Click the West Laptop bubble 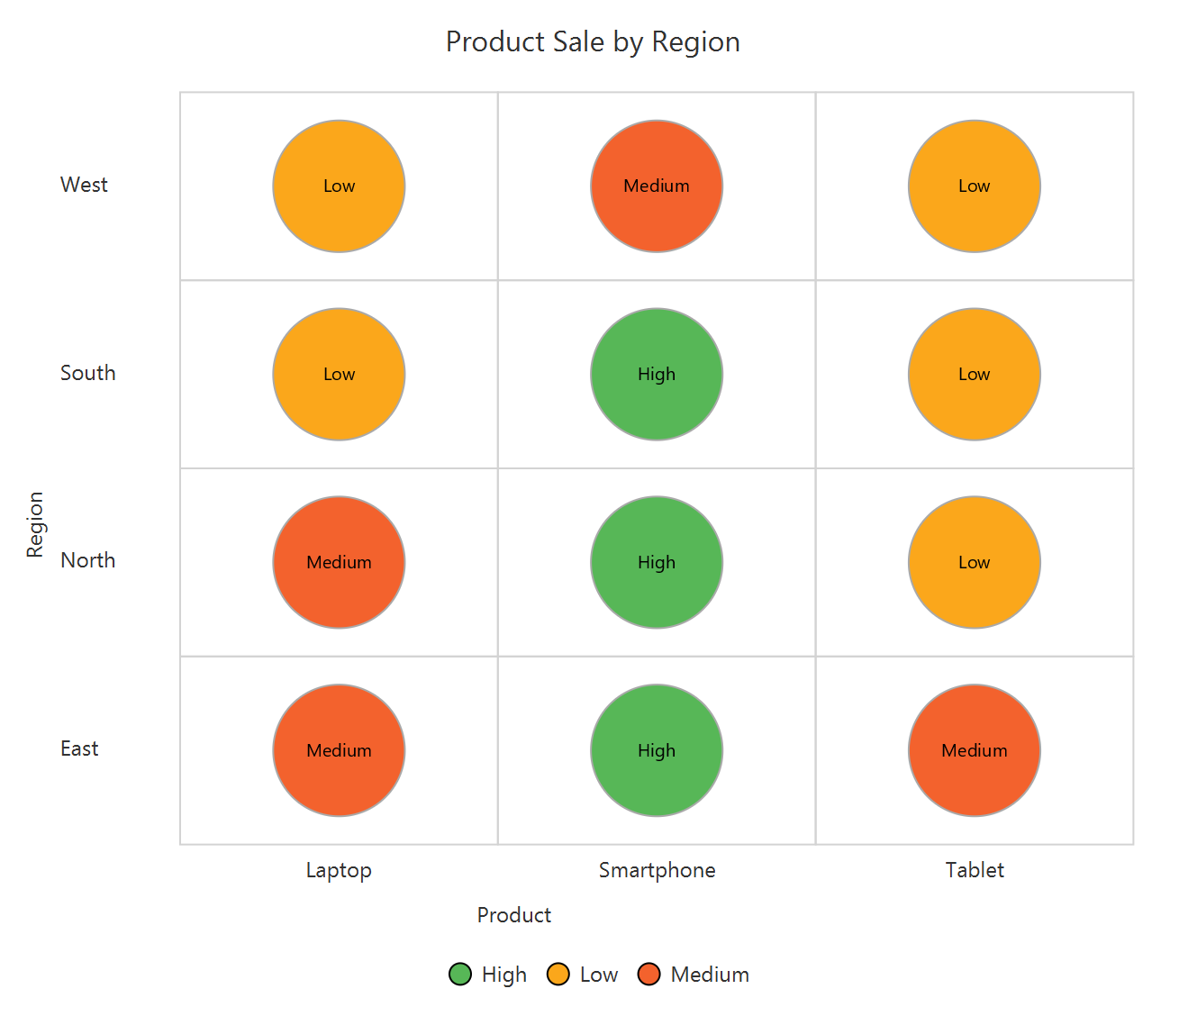(x=339, y=186)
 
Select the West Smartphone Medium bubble (x=657, y=186)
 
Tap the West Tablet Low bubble (x=975, y=186)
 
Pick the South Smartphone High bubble (x=657, y=375)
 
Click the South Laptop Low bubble (x=339, y=375)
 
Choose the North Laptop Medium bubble (x=339, y=562)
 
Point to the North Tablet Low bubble (x=975, y=562)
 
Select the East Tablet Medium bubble (x=975, y=750)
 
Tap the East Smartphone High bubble (x=657, y=750)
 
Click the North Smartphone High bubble (x=657, y=562)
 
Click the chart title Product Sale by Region (x=593, y=42)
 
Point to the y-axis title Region (x=35, y=524)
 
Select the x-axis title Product (x=513, y=915)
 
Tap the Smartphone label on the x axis (x=657, y=870)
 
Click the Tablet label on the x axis (x=975, y=870)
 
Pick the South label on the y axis (x=87, y=373)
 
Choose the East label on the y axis (x=79, y=748)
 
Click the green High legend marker (x=460, y=975)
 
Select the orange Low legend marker (x=558, y=975)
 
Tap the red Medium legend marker (x=649, y=975)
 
